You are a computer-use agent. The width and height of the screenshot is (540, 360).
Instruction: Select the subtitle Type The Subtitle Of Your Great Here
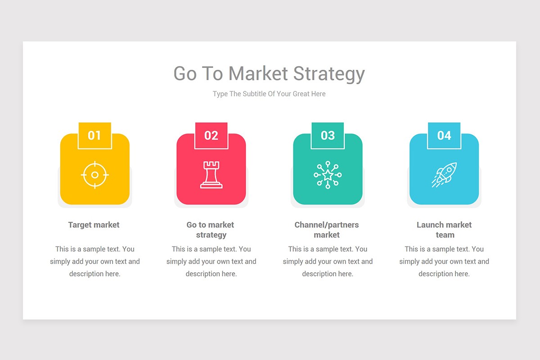point(269,94)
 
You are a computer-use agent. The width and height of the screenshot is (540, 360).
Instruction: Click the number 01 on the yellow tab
point(94,135)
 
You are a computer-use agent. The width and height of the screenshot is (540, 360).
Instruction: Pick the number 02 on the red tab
point(211,135)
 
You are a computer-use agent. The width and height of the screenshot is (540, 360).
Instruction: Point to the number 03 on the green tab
point(328,135)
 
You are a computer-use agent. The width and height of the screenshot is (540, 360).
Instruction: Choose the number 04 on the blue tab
point(444,135)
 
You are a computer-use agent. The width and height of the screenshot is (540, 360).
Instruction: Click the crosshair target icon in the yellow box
point(95,175)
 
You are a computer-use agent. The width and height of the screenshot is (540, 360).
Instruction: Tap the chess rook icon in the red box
point(211,175)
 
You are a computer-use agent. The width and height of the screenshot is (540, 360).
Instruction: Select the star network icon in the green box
point(328,175)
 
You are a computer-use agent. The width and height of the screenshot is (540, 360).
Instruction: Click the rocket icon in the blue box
point(444,175)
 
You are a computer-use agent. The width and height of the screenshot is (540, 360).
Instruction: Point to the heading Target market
point(94,225)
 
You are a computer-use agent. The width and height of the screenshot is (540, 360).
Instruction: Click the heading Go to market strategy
point(211,230)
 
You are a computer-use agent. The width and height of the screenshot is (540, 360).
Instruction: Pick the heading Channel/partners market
point(327,230)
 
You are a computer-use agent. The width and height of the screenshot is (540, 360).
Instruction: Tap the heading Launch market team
point(444,230)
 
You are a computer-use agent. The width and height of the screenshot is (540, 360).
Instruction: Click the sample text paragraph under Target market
point(95,261)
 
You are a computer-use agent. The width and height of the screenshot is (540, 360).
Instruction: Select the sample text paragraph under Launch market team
point(444,261)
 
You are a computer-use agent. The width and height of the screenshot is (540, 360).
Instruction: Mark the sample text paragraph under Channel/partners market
point(328,261)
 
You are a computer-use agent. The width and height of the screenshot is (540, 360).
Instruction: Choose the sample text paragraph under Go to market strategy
point(211,261)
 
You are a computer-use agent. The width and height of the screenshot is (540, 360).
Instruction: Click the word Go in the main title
point(185,74)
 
